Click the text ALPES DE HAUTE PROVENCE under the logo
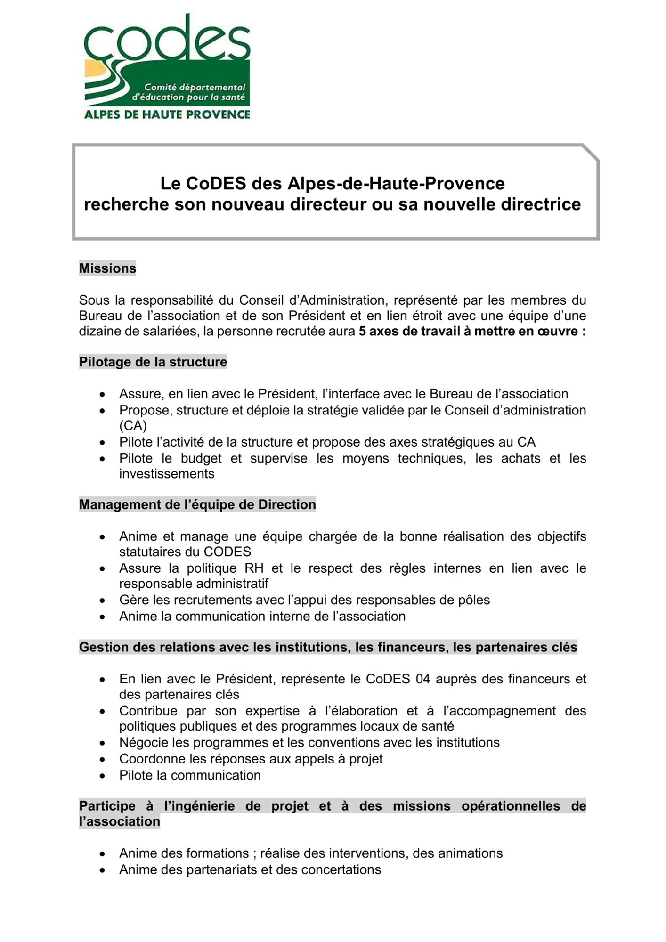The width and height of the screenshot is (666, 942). (x=167, y=114)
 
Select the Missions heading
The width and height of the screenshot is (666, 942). (x=107, y=268)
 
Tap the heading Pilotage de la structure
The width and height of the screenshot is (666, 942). (x=153, y=362)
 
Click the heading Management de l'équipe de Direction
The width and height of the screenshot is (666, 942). (x=197, y=505)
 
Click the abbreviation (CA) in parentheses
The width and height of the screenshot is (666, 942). (x=133, y=426)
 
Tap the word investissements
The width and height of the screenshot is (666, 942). (x=167, y=474)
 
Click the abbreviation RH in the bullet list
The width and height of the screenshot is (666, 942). (x=254, y=568)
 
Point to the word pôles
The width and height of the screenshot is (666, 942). (x=474, y=600)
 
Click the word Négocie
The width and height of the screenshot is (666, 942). (x=144, y=743)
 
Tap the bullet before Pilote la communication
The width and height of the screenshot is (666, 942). (x=102, y=776)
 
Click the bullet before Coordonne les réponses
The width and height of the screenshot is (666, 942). (x=102, y=759)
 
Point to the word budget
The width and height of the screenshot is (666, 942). (x=201, y=459)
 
